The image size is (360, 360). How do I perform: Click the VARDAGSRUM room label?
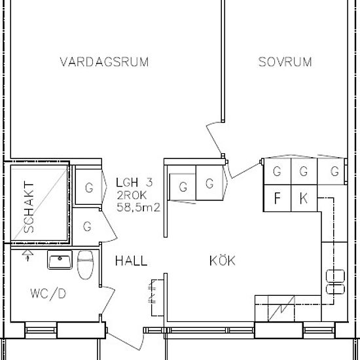click(104, 62)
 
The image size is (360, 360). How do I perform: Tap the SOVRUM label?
click(284, 62)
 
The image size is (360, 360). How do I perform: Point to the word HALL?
click(131, 261)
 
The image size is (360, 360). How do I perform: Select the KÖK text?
click(222, 261)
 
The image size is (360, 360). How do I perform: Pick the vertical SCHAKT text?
click(29, 207)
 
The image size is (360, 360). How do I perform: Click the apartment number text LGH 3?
click(134, 183)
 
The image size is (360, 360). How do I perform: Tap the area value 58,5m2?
click(138, 207)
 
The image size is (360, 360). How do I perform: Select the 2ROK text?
click(132, 195)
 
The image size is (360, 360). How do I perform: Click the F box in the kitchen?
click(277, 198)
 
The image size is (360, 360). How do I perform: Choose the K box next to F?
click(303, 198)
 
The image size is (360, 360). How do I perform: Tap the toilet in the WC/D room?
click(84, 265)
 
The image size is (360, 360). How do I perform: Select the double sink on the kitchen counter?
click(334, 281)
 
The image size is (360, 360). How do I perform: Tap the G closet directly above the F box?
click(277, 172)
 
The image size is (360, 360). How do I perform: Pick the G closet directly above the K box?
click(303, 172)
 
